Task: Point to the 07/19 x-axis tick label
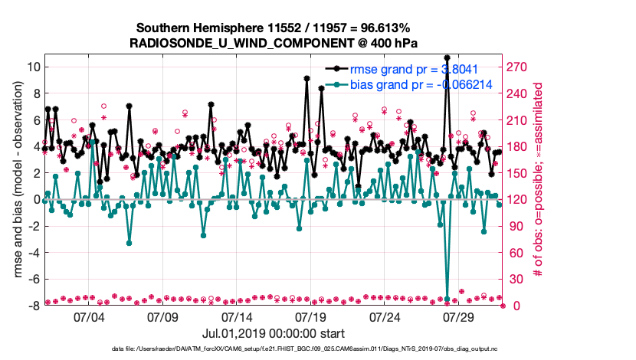(311, 316)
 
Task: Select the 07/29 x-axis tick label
(461, 316)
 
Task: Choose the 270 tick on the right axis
(519, 67)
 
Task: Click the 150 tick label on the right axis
(519, 173)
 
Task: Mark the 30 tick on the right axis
(516, 279)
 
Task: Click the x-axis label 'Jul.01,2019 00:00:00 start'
(273, 333)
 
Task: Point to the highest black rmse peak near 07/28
(447, 57)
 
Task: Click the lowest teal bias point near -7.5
(447, 299)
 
